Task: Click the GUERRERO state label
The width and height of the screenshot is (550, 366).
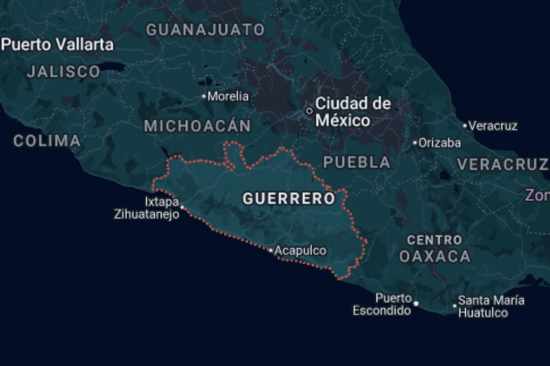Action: coord(289,198)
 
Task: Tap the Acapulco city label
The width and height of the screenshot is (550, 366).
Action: coord(300,251)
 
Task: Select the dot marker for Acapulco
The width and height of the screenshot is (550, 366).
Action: coord(271,251)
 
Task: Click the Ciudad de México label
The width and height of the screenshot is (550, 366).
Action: coord(351,112)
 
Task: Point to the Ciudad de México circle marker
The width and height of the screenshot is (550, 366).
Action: coord(309,111)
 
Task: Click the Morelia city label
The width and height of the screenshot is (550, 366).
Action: coord(228,96)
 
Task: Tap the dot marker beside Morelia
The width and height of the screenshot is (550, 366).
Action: coord(204,96)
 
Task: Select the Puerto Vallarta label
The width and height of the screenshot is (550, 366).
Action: coord(57,45)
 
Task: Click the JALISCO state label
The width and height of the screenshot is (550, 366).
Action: coord(64,72)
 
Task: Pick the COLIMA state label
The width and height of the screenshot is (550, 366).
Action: coord(47,141)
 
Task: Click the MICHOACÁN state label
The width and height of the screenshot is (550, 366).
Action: coord(198,126)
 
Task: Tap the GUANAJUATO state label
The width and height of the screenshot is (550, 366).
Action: coord(206,30)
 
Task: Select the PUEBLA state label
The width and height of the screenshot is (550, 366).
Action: coord(357,162)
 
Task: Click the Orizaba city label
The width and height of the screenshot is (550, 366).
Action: coord(439,143)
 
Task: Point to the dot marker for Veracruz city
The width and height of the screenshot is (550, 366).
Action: coord(465,126)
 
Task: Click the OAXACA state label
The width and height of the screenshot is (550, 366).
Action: coord(434,256)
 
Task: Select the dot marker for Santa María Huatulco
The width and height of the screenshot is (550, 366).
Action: coord(455,306)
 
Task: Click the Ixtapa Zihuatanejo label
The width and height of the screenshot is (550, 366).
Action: coord(147,208)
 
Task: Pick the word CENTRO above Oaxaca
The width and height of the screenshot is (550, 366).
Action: coord(434,239)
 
